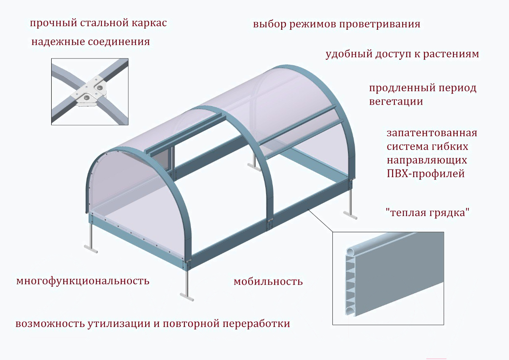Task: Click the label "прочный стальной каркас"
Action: point(98,23)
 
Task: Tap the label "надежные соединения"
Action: point(91,42)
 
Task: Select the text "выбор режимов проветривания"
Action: point(336,24)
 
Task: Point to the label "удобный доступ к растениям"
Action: point(402,54)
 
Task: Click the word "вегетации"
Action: point(396,101)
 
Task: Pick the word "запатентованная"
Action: point(431,132)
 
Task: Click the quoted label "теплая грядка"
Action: point(428,213)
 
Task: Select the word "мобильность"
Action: point(268,282)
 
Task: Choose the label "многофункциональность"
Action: point(83,281)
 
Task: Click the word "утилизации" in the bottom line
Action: point(119,324)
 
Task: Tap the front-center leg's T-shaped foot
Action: point(187,296)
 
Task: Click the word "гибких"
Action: point(449,147)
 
